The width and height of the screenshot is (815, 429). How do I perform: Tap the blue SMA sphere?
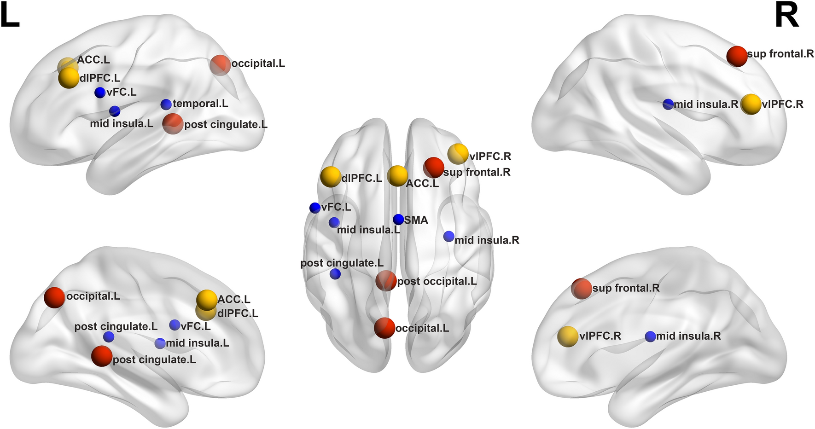pos(398,220)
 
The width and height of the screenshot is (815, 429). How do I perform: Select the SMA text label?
pos(416,220)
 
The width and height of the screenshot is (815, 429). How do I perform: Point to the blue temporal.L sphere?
pos(166,104)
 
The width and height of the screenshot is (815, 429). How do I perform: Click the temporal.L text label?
pos(200,104)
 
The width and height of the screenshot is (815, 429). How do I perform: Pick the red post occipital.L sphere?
pos(386,281)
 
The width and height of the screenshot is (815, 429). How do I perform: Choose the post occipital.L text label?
pos(437,281)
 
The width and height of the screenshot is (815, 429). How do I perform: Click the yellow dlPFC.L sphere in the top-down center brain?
pos(331,177)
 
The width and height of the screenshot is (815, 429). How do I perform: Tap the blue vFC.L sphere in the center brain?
pos(315,208)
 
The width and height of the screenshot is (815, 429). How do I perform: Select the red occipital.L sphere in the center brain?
pos(384,328)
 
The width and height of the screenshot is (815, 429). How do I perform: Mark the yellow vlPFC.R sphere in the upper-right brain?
pos(751,104)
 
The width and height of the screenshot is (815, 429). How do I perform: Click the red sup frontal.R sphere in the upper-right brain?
pos(737,56)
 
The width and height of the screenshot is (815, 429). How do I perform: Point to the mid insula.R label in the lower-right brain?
pos(688,336)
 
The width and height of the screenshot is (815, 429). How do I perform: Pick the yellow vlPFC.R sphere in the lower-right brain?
pos(568,336)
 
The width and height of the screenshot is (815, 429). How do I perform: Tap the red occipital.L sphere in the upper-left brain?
pos(220,65)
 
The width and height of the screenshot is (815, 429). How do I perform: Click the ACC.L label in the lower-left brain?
pos(234,300)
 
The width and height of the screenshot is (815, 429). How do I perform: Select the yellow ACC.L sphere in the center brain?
pos(397,176)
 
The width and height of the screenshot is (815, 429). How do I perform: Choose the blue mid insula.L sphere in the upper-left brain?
pos(115,111)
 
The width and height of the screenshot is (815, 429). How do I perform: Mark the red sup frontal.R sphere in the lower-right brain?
pos(582,289)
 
